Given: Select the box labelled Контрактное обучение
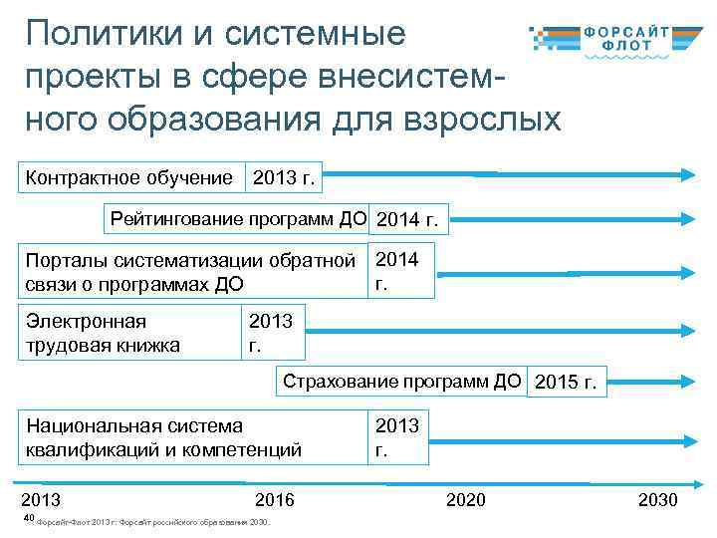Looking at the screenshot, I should coord(129,178).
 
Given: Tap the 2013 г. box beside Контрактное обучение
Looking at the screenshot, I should coord(284,179).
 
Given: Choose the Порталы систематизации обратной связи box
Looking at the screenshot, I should coord(191,271).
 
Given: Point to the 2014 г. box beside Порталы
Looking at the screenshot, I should coord(400,270).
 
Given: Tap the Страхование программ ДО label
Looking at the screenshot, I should coord(401,381).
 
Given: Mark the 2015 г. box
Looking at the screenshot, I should coord(566,383).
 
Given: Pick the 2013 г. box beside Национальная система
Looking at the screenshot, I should coord(398,437).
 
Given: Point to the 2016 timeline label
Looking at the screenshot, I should coord(275,499).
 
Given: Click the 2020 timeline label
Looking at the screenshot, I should coord(466,499).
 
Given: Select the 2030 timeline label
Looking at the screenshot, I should coord(657,499).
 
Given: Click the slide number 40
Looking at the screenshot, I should coord(28,520).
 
